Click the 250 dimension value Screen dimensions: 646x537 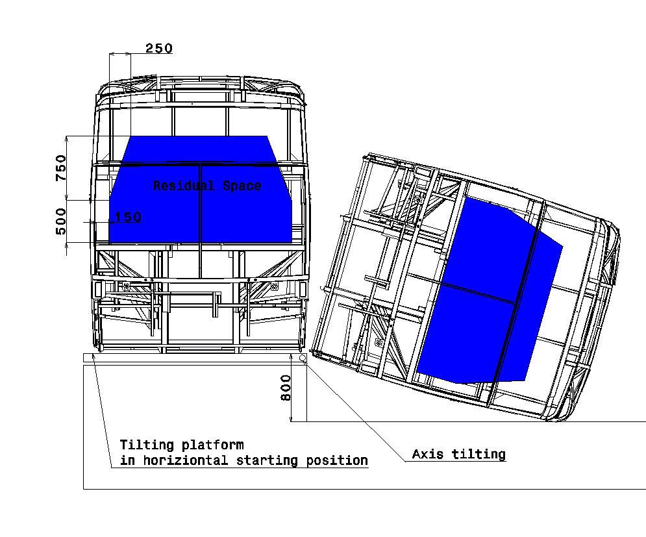159,48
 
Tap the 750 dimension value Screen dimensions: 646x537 61,168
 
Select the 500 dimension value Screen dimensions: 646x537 60,221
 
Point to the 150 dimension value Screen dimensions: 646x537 128,217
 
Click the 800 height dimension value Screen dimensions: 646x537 286,388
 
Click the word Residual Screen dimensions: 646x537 184,186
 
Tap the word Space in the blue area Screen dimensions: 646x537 242,186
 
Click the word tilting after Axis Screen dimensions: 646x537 478,454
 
